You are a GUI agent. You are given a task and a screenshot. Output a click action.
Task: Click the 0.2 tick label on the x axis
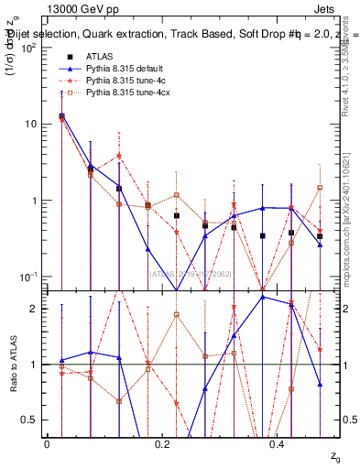pos(162,445)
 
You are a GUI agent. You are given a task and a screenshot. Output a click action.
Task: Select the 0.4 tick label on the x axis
pos(278,445)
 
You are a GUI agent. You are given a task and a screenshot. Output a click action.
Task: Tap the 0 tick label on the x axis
pos(47,445)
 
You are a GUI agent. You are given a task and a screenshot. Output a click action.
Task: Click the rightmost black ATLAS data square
pos(320,236)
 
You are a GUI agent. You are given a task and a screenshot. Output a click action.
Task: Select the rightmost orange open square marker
pos(320,188)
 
